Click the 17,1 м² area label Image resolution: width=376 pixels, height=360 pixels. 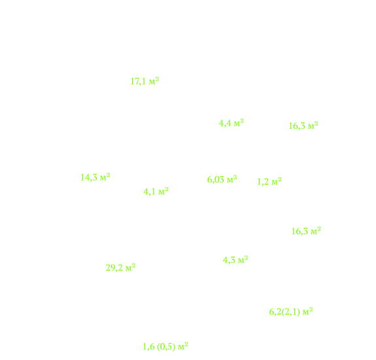tap(145, 81)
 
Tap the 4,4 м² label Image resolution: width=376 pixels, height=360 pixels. tap(231, 123)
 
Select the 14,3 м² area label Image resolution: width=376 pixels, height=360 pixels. tap(95, 177)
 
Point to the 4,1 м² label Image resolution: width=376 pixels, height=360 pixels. tap(156, 191)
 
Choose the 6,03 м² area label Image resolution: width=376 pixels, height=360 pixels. tap(222, 179)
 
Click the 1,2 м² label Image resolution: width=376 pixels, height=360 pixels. tap(269, 181)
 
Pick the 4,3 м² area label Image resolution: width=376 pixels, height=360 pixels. tap(235, 260)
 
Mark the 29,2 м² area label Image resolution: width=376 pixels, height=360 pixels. tap(120, 267)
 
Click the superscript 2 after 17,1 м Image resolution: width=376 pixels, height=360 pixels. tap(157, 79)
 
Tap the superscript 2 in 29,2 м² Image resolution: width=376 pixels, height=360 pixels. tap(133, 265)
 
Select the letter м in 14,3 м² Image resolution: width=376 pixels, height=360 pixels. tap(103, 178)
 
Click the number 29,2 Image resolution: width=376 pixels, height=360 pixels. tap(114, 268)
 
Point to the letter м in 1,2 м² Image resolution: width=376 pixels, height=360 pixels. tap(275, 183)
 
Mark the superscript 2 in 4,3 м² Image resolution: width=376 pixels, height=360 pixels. tap(246, 257)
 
